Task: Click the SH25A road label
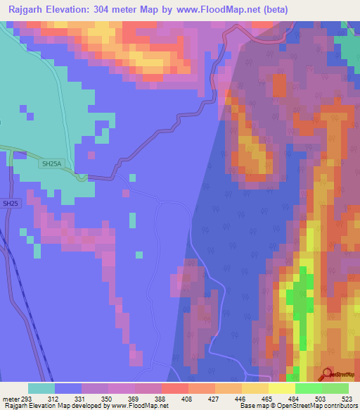coord(52,163)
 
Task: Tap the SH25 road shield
coord(10,204)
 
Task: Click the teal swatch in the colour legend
coord(41,388)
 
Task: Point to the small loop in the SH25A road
coord(83,177)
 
